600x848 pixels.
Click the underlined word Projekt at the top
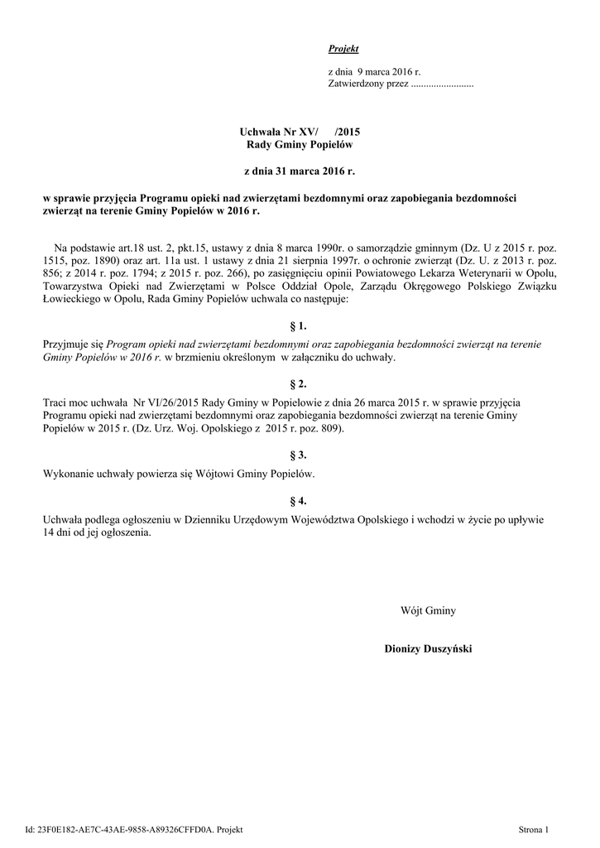343,50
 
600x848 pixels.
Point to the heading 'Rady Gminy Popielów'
300,145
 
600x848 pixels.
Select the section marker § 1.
299,326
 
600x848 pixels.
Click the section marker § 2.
299,384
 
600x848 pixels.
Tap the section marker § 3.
299,455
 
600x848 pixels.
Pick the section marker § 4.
299,501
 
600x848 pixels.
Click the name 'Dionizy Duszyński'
428,648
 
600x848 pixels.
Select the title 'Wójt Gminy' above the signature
428,611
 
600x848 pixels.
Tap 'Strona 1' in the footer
533,829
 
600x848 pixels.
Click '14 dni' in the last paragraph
57,533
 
